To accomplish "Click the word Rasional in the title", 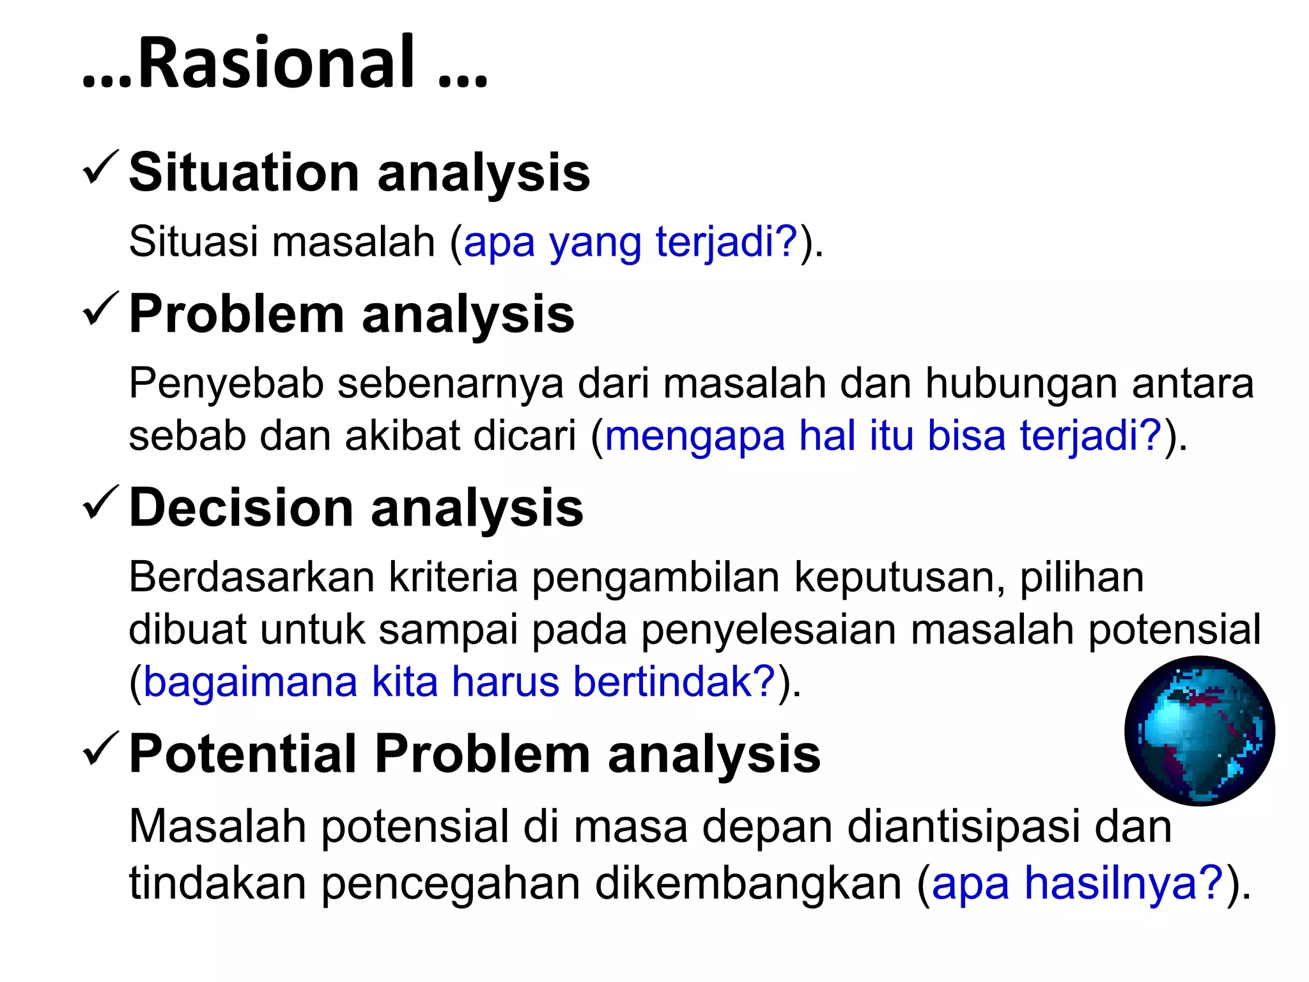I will pyautogui.click(x=276, y=63).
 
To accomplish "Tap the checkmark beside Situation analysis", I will pyautogui.click(x=100, y=168).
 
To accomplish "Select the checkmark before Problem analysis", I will pyautogui.click(x=100, y=309).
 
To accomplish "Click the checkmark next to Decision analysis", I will pyautogui.click(x=100, y=503).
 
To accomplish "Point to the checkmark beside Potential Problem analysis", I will pyautogui.click(x=100, y=749).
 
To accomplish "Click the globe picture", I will pyautogui.click(x=1200, y=731).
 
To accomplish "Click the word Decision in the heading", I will pyautogui.click(x=241, y=508).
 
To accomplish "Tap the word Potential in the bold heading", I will pyautogui.click(x=242, y=754).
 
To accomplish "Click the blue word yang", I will pyautogui.click(x=595, y=242).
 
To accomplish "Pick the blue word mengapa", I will pyautogui.click(x=695, y=436).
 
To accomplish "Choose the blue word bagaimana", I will pyautogui.click(x=251, y=682).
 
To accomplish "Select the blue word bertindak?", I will pyautogui.click(x=674, y=682).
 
